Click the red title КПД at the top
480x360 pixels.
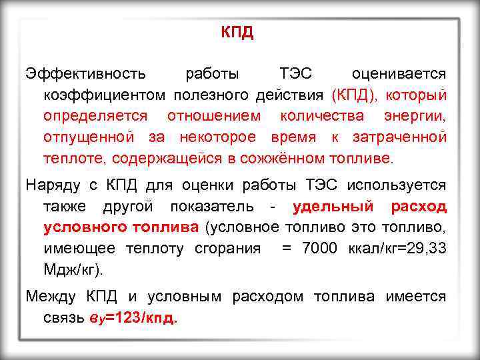click(x=238, y=33)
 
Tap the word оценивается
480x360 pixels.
click(x=399, y=71)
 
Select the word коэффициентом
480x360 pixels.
click(x=105, y=93)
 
